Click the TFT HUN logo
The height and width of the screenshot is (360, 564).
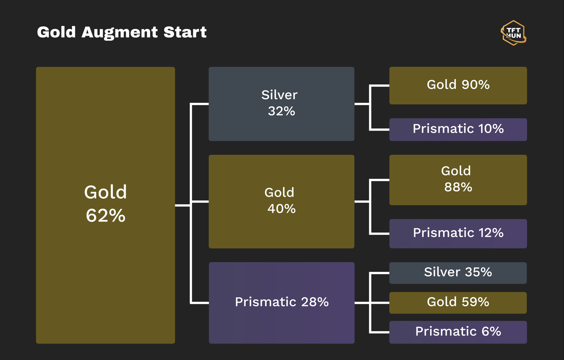(513, 33)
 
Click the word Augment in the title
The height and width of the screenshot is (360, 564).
(120, 33)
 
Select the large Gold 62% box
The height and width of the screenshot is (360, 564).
(106, 205)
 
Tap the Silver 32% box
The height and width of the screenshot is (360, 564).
(281, 104)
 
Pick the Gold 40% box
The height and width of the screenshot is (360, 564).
(281, 202)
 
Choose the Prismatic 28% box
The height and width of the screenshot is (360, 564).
(281, 303)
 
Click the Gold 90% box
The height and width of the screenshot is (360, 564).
(458, 85)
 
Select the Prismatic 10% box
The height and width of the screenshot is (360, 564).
(458, 130)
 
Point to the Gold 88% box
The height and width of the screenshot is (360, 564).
(458, 180)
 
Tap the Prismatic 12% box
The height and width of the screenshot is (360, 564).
(458, 234)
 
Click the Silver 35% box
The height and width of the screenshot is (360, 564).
(458, 273)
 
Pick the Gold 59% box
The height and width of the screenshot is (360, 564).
(458, 303)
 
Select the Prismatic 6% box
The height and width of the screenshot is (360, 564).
(458, 332)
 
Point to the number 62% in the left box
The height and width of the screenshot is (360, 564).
(106, 216)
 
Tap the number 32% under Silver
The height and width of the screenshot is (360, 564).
(281, 111)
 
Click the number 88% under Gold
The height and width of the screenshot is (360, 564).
(458, 187)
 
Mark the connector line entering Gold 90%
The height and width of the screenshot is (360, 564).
(379, 85)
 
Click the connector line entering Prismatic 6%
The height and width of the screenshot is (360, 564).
(379, 332)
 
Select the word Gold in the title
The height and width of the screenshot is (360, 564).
(56, 32)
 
